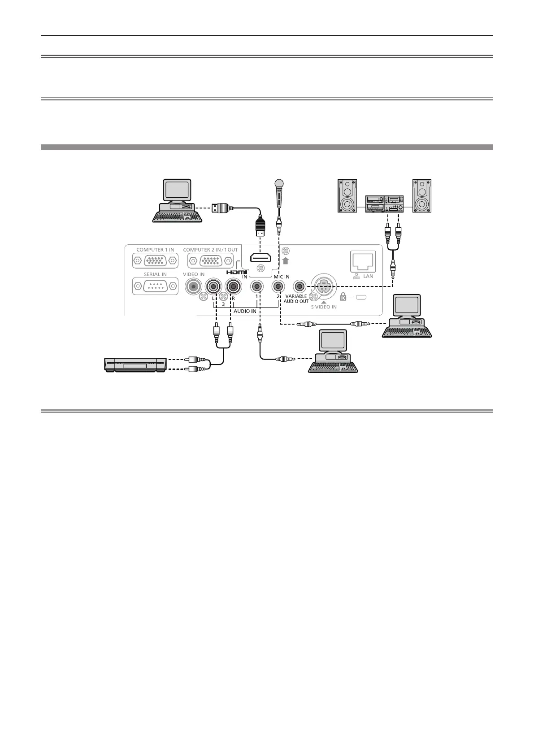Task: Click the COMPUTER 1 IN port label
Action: (x=155, y=250)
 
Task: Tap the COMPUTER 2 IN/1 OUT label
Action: (x=210, y=250)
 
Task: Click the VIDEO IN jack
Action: (x=194, y=286)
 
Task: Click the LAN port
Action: (x=362, y=260)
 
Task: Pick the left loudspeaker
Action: (x=347, y=195)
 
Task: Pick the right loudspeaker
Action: (x=422, y=195)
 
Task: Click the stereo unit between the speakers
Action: (x=385, y=204)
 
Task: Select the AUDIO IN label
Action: (x=245, y=311)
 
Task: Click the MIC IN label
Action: (x=282, y=277)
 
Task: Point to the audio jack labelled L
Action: (x=213, y=286)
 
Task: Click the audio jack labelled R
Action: (x=233, y=286)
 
